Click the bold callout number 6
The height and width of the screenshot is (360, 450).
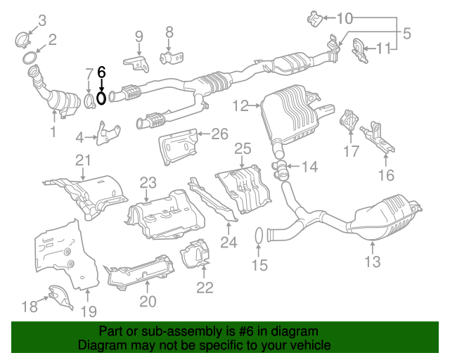101,71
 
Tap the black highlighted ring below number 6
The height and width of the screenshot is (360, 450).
101,98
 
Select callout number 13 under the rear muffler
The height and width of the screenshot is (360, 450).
372,262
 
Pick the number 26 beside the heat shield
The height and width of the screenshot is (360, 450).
220,133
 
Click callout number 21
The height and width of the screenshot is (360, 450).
84,160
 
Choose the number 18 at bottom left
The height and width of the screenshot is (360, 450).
29,306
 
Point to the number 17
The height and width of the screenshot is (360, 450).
351,150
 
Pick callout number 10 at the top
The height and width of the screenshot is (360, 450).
346,18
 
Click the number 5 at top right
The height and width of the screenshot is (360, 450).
406,32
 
